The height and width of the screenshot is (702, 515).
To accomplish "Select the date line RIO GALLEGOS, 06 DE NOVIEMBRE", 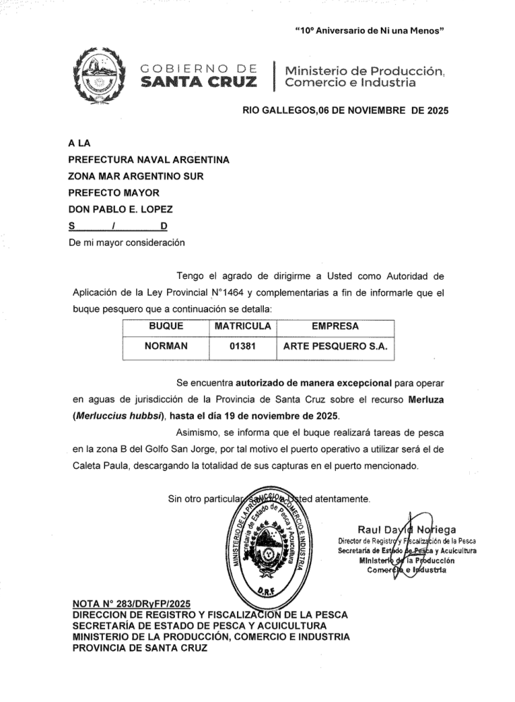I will point(345,111).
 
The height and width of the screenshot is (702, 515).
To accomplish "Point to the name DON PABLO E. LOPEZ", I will point(119,210).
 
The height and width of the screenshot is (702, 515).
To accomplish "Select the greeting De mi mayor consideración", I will point(126,243).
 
